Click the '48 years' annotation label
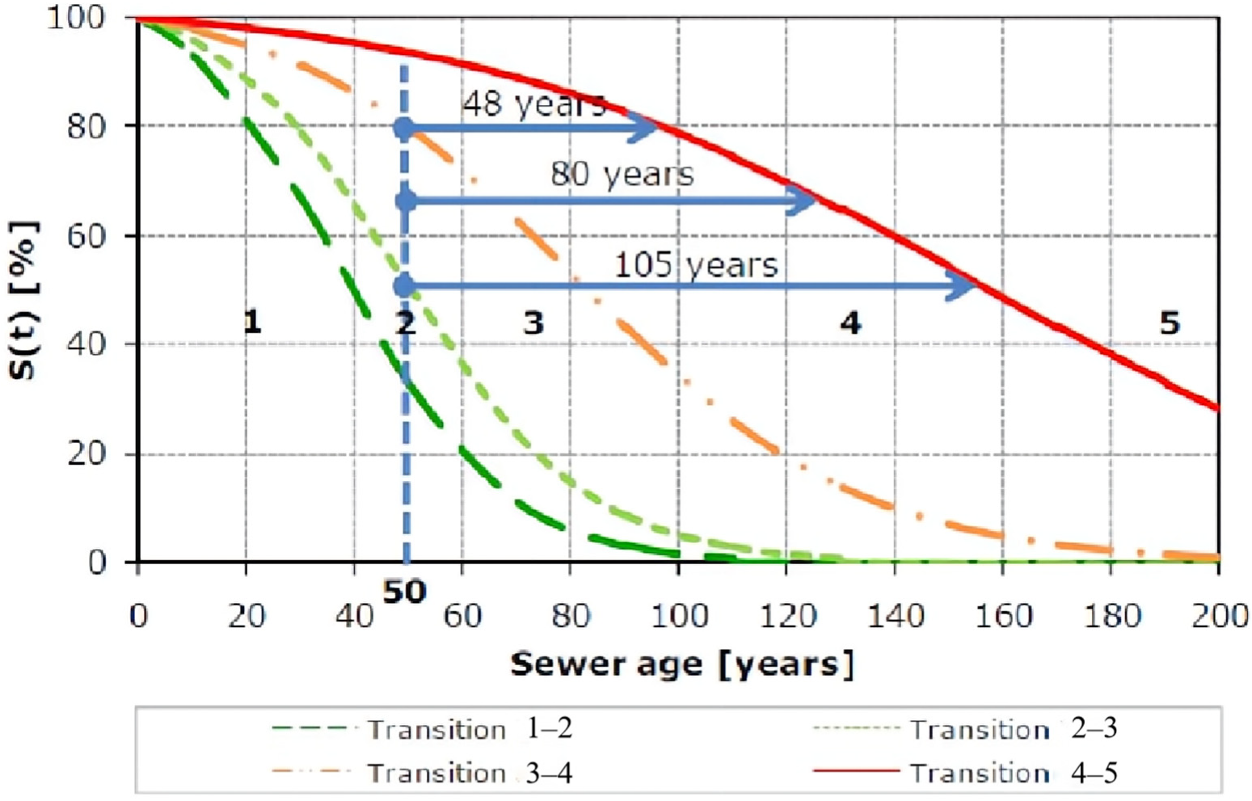[533, 103]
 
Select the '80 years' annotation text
[622, 174]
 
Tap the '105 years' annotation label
[696, 265]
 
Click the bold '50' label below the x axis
[404, 592]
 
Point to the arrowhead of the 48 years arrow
[646, 127]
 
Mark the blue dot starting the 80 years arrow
[406, 200]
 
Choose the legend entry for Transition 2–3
[966, 729]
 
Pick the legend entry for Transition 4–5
[966, 774]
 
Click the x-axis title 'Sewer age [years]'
[681, 664]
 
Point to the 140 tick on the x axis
[895, 617]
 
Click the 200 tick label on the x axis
[1218, 617]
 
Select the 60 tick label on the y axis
[86, 236]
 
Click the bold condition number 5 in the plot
[1169, 323]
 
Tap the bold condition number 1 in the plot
[252, 323]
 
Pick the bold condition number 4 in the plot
[849, 323]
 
